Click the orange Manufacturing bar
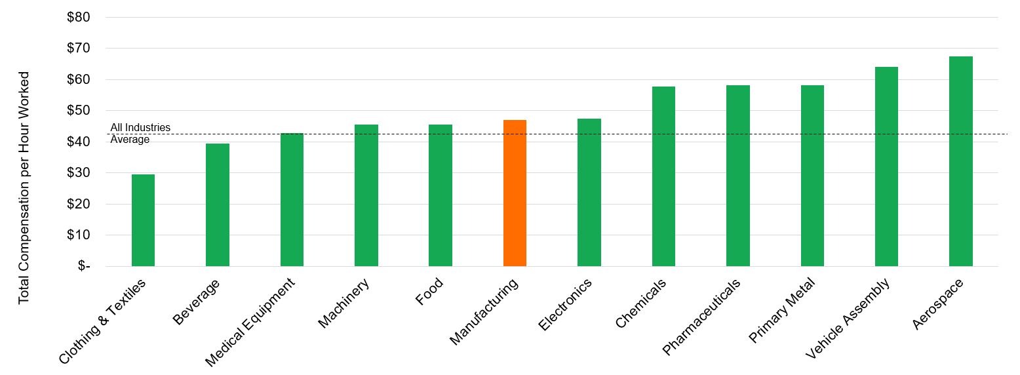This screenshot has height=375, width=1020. click(515, 193)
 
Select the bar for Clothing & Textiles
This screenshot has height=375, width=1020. click(143, 220)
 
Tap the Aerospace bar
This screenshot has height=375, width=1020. click(960, 161)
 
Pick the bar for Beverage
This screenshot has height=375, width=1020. click(218, 205)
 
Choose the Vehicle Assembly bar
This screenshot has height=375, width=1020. click(886, 167)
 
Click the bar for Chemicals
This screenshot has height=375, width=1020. click(663, 176)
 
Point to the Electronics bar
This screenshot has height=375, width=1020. click(589, 192)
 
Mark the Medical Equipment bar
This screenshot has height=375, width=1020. click(292, 200)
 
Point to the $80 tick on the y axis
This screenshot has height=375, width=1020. click(79, 17)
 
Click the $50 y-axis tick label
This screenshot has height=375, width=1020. click(79, 110)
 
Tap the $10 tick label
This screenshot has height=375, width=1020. click(79, 235)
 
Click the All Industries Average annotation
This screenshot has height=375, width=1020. click(140, 134)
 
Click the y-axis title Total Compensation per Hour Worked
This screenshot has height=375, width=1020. click(24, 187)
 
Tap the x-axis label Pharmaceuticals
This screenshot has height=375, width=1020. click(701, 317)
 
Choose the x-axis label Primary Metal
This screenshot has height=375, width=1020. click(782, 310)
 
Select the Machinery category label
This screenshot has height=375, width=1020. click(344, 303)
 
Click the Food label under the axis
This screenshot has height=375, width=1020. click(429, 292)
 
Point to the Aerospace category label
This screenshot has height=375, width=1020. click(938, 304)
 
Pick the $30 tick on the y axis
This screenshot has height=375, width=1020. click(79, 172)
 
